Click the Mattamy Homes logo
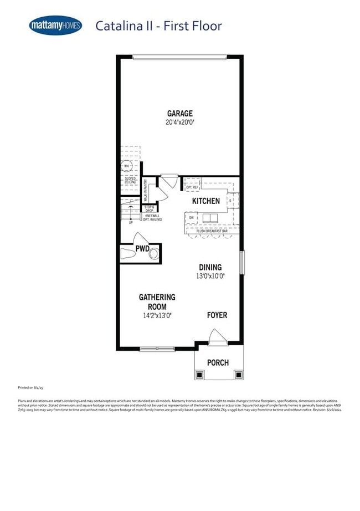click(55, 25)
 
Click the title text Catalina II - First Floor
click(158, 25)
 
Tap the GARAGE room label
click(180, 114)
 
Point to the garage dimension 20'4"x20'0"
click(180, 122)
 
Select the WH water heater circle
click(126, 166)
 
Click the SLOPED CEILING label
click(130, 181)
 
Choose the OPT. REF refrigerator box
click(193, 187)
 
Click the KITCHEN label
click(206, 201)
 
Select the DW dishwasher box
click(192, 218)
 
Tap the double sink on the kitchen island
click(210, 217)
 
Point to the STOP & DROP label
click(149, 209)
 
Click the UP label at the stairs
click(131, 222)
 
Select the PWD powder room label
click(142, 248)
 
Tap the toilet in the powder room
click(128, 254)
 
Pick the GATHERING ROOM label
click(157, 302)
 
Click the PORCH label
click(218, 363)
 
